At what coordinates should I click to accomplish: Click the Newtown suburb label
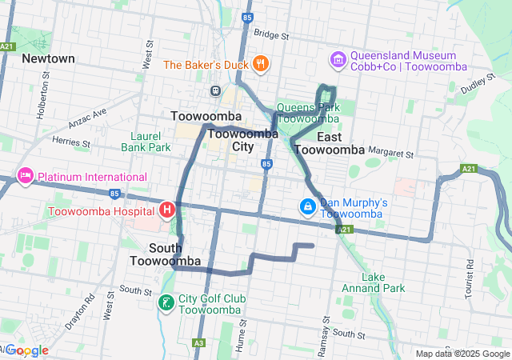click(48, 58)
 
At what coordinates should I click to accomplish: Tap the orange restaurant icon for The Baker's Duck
click(260, 64)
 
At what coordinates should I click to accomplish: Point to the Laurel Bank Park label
click(146, 142)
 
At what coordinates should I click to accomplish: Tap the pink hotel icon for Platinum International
click(25, 176)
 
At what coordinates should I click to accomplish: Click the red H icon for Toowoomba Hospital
click(167, 211)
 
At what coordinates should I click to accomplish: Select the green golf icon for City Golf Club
click(166, 303)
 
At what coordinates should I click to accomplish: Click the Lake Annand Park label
click(383, 282)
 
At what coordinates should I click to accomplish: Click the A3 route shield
click(199, 343)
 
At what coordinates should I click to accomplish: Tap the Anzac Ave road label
click(88, 118)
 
